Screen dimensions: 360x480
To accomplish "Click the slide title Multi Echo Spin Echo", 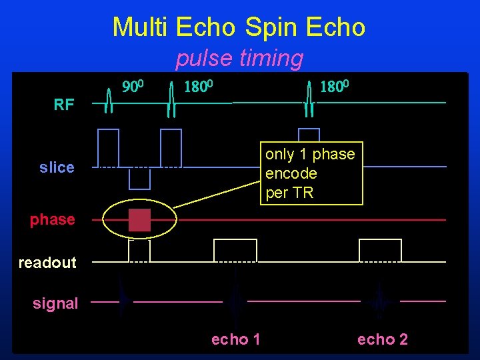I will coord(239,27).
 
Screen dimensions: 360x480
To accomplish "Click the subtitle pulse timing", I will coord(239,59).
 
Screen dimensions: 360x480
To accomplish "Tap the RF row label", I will coord(64,105).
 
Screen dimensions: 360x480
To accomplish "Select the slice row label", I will coord(57,167).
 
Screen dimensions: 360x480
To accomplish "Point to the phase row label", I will coord(52,219).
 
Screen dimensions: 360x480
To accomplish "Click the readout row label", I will coord(47,263).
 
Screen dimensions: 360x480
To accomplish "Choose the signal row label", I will coord(55,303).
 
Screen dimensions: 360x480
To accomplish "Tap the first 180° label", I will coord(198,87).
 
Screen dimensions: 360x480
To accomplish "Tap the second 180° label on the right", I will coord(335,87).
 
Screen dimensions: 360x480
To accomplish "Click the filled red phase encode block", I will coord(139,220).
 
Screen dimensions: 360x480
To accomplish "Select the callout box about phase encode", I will coord(311,173).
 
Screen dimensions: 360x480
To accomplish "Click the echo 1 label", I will coord(235,340).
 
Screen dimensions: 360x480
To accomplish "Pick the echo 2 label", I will coord(382,340).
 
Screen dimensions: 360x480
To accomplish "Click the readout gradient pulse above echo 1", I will coord(235,250).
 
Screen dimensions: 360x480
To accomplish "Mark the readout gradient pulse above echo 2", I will coord(380,250).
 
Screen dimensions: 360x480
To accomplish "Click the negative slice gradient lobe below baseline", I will coord(139,178).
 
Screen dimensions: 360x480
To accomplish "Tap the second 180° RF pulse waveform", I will coord(309,100).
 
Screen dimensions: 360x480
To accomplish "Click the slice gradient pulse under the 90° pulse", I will coord(108,147).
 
